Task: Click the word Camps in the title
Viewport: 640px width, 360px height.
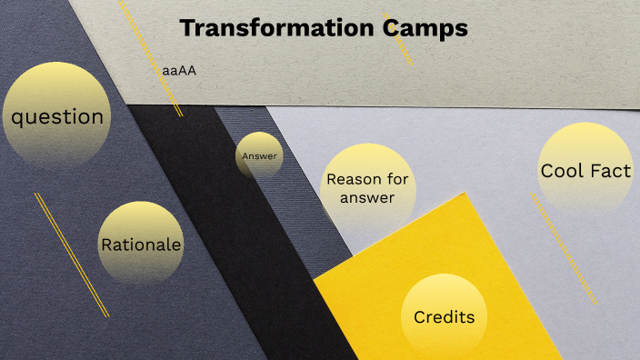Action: pos(424,28)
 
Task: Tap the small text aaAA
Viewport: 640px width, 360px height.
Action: pos(179,70)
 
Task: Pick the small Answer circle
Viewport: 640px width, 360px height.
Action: pos(259,156)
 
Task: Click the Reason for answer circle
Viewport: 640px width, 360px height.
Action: pos(367,188)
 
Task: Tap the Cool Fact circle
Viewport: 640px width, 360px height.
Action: pos(585,170)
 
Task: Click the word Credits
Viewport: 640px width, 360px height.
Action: pos(444,317)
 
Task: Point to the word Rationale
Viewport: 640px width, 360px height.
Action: pos(141,245)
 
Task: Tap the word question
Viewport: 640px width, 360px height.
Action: pos(56,116)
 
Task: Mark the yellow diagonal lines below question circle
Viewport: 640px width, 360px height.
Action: pos(72,255)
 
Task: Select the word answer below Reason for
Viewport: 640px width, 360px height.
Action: pos(367,197)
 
